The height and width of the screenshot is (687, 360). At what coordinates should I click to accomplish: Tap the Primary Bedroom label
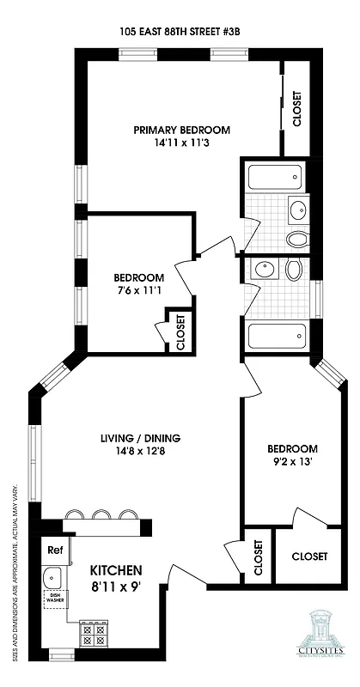pos(181,130)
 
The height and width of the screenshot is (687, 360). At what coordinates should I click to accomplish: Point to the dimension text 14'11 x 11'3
pos(181,143)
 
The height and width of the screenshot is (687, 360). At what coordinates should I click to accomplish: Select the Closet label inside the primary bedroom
pos(297,109)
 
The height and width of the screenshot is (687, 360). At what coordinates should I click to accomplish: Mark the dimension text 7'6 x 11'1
pos(138,291)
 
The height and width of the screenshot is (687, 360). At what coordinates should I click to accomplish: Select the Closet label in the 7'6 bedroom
pos(180,331)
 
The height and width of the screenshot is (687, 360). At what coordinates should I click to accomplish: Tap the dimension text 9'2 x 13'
pos(291,462)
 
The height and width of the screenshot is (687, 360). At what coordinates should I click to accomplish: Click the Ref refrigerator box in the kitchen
pos(55,550)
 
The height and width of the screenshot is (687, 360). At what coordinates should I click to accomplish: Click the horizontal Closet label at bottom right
pos(309,556)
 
